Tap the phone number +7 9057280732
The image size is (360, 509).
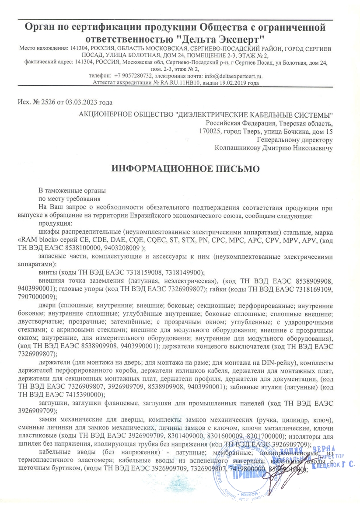coord(132,76)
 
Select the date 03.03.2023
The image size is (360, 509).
coord(81,103)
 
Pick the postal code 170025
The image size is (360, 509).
coord(209,131)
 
